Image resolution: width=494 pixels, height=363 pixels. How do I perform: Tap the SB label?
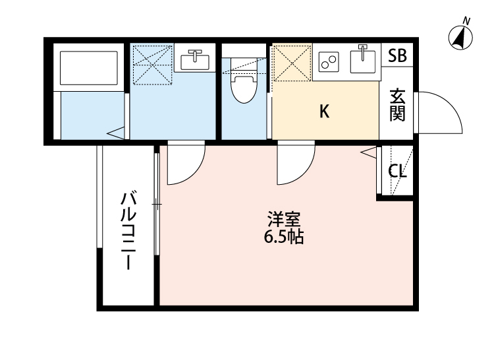tap(397, 56)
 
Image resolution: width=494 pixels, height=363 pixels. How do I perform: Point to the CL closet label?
tap(397, 172)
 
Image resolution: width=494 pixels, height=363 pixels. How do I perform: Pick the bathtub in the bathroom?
tap(88, 65)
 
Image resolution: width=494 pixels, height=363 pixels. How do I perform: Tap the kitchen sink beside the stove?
tap(362, 61)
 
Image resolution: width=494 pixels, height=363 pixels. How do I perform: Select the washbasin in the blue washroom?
tap(194, 59)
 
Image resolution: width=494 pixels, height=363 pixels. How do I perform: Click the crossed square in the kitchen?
tap(291, 63)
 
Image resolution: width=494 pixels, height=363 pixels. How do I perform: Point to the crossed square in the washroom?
tap(151, 64)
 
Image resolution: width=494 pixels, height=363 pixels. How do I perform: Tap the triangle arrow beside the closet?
tap(368, 154)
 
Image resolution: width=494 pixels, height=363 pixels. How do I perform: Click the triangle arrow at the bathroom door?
tap(117, 133)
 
